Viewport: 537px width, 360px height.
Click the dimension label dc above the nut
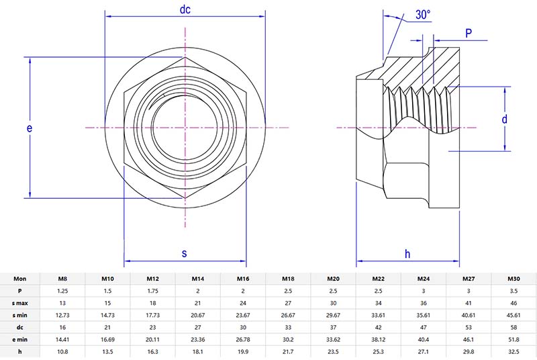185,9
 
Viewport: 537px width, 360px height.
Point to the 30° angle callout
423,15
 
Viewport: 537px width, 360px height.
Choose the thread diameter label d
504,119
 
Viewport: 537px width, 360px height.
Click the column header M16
243,278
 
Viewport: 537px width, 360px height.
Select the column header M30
514,278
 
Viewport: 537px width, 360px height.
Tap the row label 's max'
20,303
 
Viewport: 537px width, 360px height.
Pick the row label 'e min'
20,340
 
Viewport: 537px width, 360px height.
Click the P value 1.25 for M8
62,291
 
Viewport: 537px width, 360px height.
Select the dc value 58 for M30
514,328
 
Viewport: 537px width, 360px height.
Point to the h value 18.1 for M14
198,352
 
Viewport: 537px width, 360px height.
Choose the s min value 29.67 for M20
333,315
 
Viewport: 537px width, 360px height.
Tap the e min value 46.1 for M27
469,340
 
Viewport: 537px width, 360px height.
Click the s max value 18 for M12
153,303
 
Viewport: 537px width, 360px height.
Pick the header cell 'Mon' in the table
20,278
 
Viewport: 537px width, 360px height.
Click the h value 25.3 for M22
378,352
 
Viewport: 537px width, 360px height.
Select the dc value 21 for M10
107,328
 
